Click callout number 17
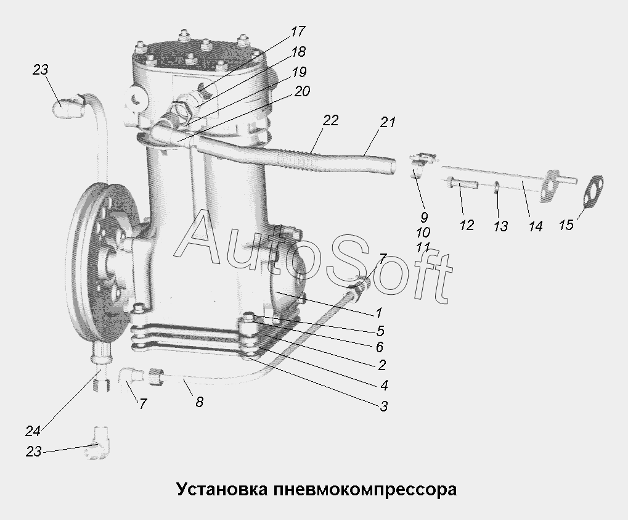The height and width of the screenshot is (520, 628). pos(298,31)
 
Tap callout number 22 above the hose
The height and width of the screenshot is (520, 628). pos(330,120)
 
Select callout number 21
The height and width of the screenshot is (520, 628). pos(387,122)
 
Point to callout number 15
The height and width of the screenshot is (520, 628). pos(566,225)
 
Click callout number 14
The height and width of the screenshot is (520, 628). pos(536,226)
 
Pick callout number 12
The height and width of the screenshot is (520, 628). pos(467,225)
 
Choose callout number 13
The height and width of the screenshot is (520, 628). pos(500,226)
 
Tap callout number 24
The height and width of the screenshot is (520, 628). pos(33,431)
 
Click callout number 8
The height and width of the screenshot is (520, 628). pos(200,402)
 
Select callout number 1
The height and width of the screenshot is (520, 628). pos(379,312)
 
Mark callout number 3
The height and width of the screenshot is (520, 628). pos(383,406)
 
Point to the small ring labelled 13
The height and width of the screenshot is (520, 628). pos(497,188)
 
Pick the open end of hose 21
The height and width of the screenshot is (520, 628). pos(394,167)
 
